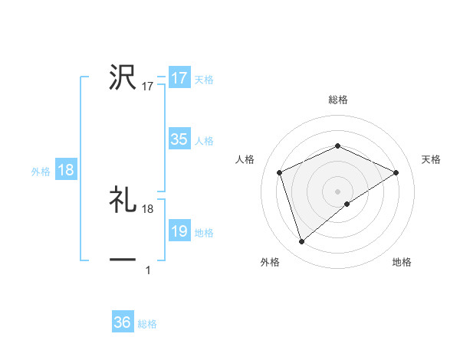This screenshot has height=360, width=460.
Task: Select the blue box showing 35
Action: pyautogui.click(x=179, y=139)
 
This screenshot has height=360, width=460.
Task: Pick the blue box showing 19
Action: pyautogui.click(x=179, y=231)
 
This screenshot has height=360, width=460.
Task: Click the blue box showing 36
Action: pyautogui.click(x=123, y=322)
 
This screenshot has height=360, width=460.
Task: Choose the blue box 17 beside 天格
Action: pyautogui.click(x=179, y=78)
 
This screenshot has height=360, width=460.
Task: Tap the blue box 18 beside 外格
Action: pyautogui.click(x=66, y=170)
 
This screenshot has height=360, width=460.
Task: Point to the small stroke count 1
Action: pyautogui.click(x=148, y=270)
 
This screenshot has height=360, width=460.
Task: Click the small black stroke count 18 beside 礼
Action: pyautogui.click(x=148, y=209)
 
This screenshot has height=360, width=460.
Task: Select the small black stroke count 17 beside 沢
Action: pyautogui.click(x=148, y=87)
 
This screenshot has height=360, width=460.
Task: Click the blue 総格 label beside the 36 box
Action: pyautogui.click(x=147, y=324)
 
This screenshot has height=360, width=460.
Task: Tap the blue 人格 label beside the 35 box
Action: pyautogui.click(x=205, y=141)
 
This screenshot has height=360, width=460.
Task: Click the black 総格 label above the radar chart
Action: pyautogui.click(x=337, y=100)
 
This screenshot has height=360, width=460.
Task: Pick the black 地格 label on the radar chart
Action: pyautogui.click(x=402, y=263)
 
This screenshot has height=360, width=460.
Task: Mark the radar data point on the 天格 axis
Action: pyautogui.click(x=396, y=172)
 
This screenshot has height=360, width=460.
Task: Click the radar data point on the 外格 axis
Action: pyautogui.click(x=301, y=242)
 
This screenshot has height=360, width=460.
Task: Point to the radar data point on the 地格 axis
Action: pyautogui.click(x=347, y=204)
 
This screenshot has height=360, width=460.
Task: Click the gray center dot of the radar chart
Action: pyautogui.click(x=337, y=191)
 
